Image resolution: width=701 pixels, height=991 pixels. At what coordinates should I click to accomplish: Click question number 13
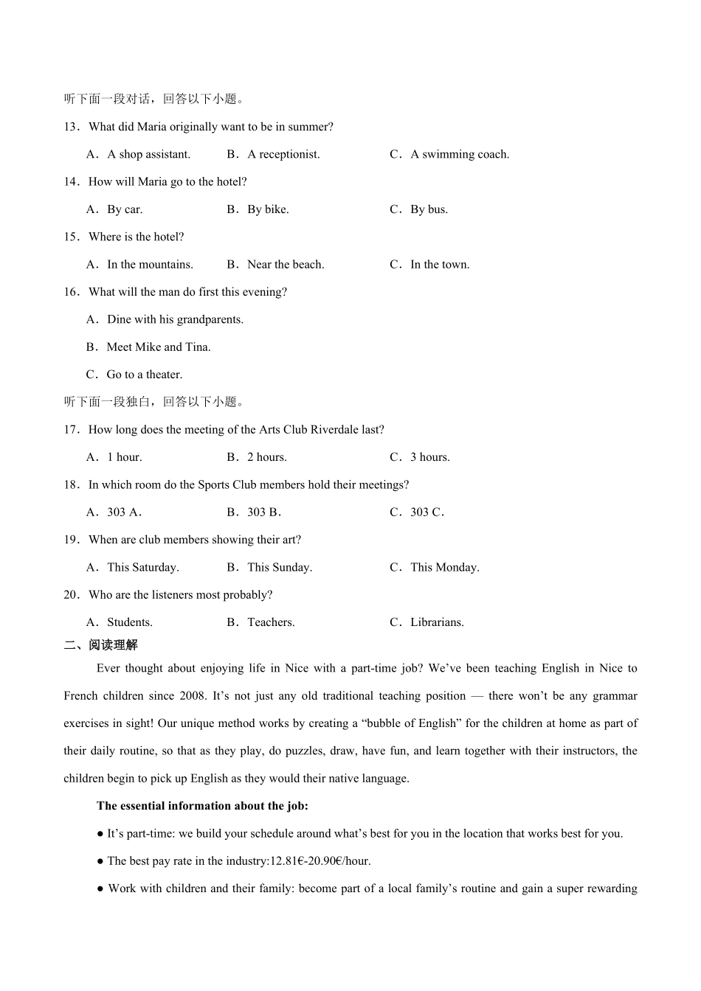point(72,127)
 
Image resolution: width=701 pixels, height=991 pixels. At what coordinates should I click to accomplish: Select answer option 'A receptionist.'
point(283,154)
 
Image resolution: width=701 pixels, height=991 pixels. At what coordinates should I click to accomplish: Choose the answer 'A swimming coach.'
point(459,154)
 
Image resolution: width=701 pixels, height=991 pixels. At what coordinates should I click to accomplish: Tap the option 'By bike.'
point(268,209)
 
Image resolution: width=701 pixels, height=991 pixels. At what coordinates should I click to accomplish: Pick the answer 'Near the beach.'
point(286,265)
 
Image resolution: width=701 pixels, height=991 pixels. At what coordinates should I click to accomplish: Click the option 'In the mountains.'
point(150,265)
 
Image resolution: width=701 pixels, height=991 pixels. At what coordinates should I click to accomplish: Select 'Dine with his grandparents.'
point(175,319)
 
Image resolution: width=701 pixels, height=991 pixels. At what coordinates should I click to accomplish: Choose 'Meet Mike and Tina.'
point(159,347)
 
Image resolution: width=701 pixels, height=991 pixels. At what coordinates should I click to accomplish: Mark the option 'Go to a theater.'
point(144,375)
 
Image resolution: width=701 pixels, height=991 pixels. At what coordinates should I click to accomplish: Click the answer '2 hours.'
point(267,457)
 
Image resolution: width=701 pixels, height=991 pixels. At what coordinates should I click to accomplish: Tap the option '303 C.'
point(427,512)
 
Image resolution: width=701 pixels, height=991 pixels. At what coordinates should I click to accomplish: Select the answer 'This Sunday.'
point(280,568)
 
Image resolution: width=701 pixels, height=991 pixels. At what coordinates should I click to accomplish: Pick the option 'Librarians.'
point(437,622)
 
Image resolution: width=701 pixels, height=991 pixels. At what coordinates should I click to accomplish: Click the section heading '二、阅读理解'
point(101,645)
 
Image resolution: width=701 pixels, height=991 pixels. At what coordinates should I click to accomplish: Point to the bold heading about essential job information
point(202,806)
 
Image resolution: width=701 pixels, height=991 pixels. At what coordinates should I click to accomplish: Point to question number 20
point(72,595)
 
